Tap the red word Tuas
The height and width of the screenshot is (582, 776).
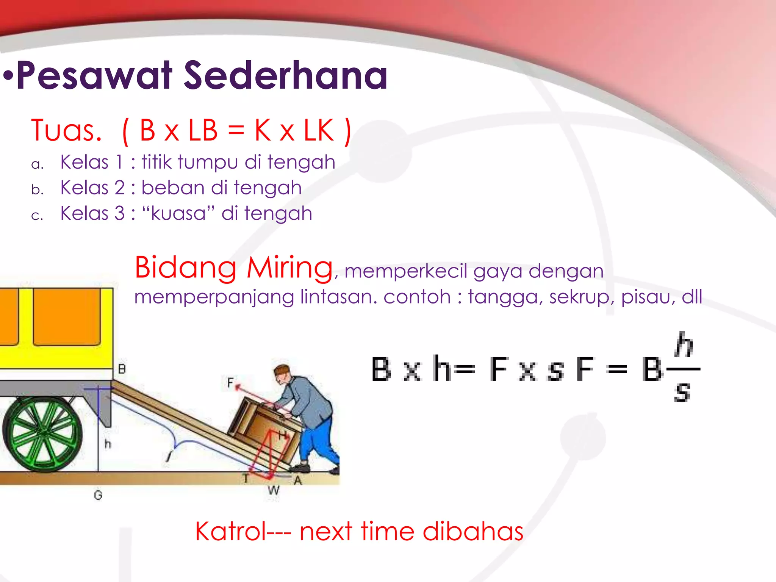coord(66,131)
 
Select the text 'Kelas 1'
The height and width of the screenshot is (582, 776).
coord(92,162)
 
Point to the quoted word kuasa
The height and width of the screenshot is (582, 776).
coord(178,213)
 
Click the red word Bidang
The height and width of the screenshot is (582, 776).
coord(186,268)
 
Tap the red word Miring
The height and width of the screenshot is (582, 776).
coord(290,268)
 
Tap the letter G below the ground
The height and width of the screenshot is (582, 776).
coord(98,495)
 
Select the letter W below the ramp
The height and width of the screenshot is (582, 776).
coord(273,490)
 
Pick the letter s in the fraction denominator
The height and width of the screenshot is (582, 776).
coord(682,392)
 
